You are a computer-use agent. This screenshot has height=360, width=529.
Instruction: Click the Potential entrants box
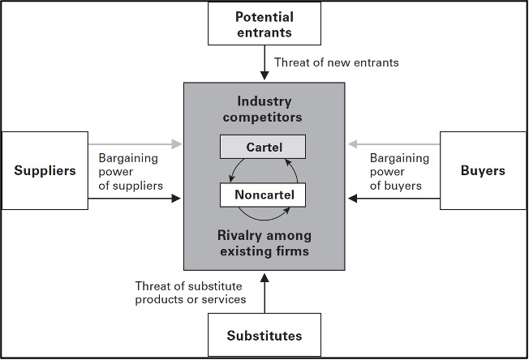[264, 24]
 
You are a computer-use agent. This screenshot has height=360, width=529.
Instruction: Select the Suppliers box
[45, 171]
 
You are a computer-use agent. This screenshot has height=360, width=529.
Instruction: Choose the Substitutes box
[264, 335]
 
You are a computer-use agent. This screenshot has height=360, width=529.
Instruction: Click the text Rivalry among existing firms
[264, 243]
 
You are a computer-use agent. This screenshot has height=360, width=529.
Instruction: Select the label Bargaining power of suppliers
[131, 172]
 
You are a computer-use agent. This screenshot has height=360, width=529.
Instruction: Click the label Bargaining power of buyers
[397, 172]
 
